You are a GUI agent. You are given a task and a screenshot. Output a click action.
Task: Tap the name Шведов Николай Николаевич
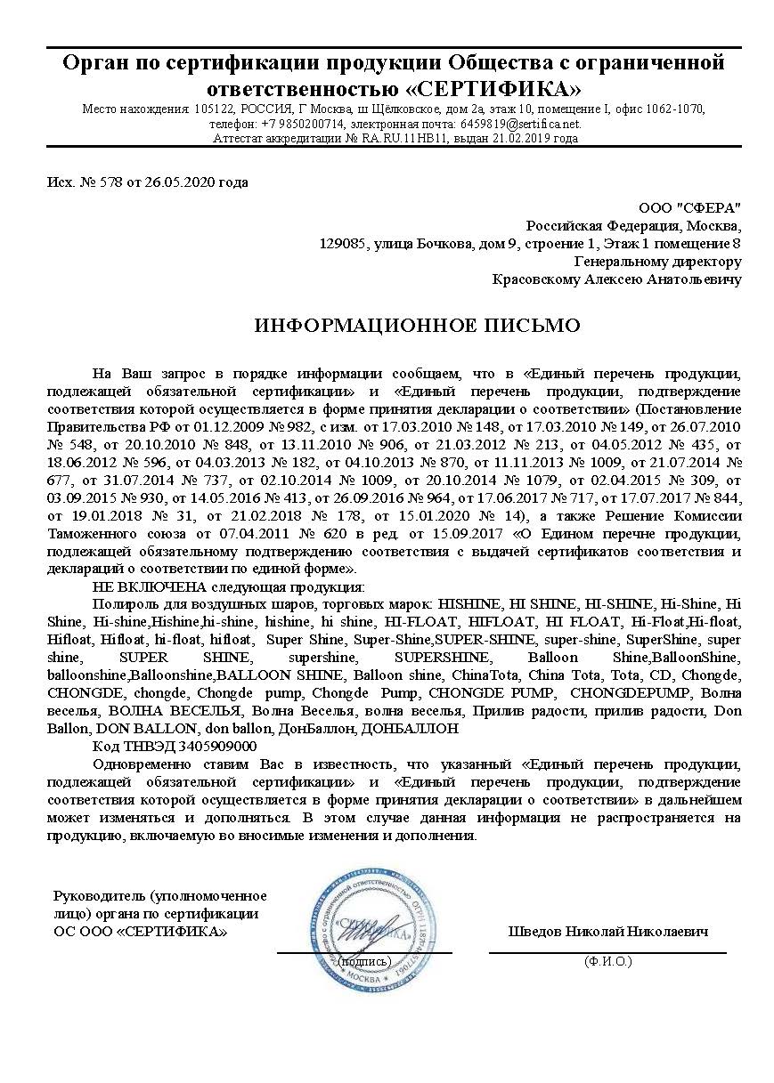[x=607, y=932]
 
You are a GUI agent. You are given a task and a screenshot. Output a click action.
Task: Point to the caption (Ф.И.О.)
[x=607, y=961]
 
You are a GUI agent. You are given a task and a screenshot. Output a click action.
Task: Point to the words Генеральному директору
[x=657, y=262]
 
